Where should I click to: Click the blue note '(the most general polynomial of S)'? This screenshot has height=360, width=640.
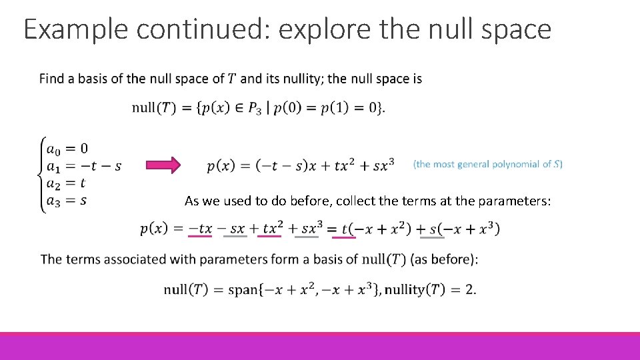coord(488,164)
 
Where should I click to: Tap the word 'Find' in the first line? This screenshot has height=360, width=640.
coord(51,79)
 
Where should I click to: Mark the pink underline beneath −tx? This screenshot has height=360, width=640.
coord(200,235)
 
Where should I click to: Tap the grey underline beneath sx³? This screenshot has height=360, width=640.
coord(307,235)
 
